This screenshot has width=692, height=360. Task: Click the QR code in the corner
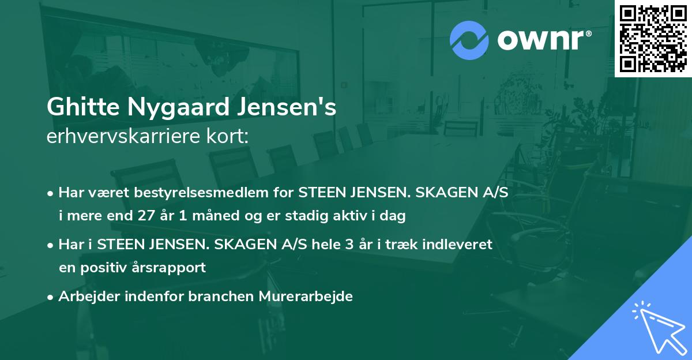coord(653,39)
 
